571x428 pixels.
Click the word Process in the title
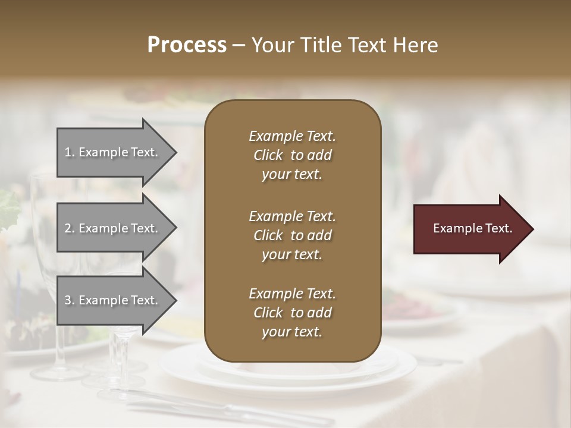click(x=187, y=45)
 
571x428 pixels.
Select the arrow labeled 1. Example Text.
click(x=113, y=152)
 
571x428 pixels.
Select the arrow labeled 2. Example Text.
click(x=113, y=228)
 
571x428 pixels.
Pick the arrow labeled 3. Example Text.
click(x=113, y=300)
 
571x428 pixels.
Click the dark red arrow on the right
click(x=470, y=229)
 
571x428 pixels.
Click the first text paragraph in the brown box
click(x=292, y=155)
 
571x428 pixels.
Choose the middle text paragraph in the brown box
click(x=292, y=235)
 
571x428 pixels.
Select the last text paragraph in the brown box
click(x=292, y=313)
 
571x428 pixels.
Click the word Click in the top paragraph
click(x=268, y=155)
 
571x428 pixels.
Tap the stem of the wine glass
click(x=120, y=357)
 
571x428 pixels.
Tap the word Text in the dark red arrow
click(x=498, y=228)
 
